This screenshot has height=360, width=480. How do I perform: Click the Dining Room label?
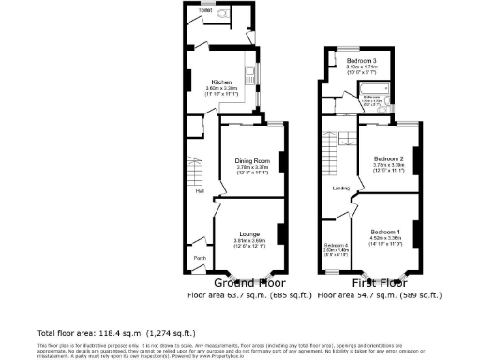(251, 160)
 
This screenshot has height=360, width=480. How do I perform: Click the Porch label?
(200, 257)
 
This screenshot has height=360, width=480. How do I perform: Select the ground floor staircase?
(194, 171)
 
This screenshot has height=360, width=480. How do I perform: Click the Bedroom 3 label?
(361, 60)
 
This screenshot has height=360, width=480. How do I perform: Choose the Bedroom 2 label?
(387, 158)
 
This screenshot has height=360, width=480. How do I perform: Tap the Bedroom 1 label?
(384, 231)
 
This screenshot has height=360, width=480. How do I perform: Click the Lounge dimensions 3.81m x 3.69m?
(249, 240)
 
